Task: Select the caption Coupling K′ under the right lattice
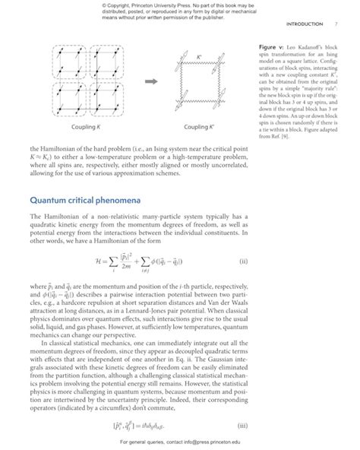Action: (201, 126)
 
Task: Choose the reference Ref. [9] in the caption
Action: (281, 136)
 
